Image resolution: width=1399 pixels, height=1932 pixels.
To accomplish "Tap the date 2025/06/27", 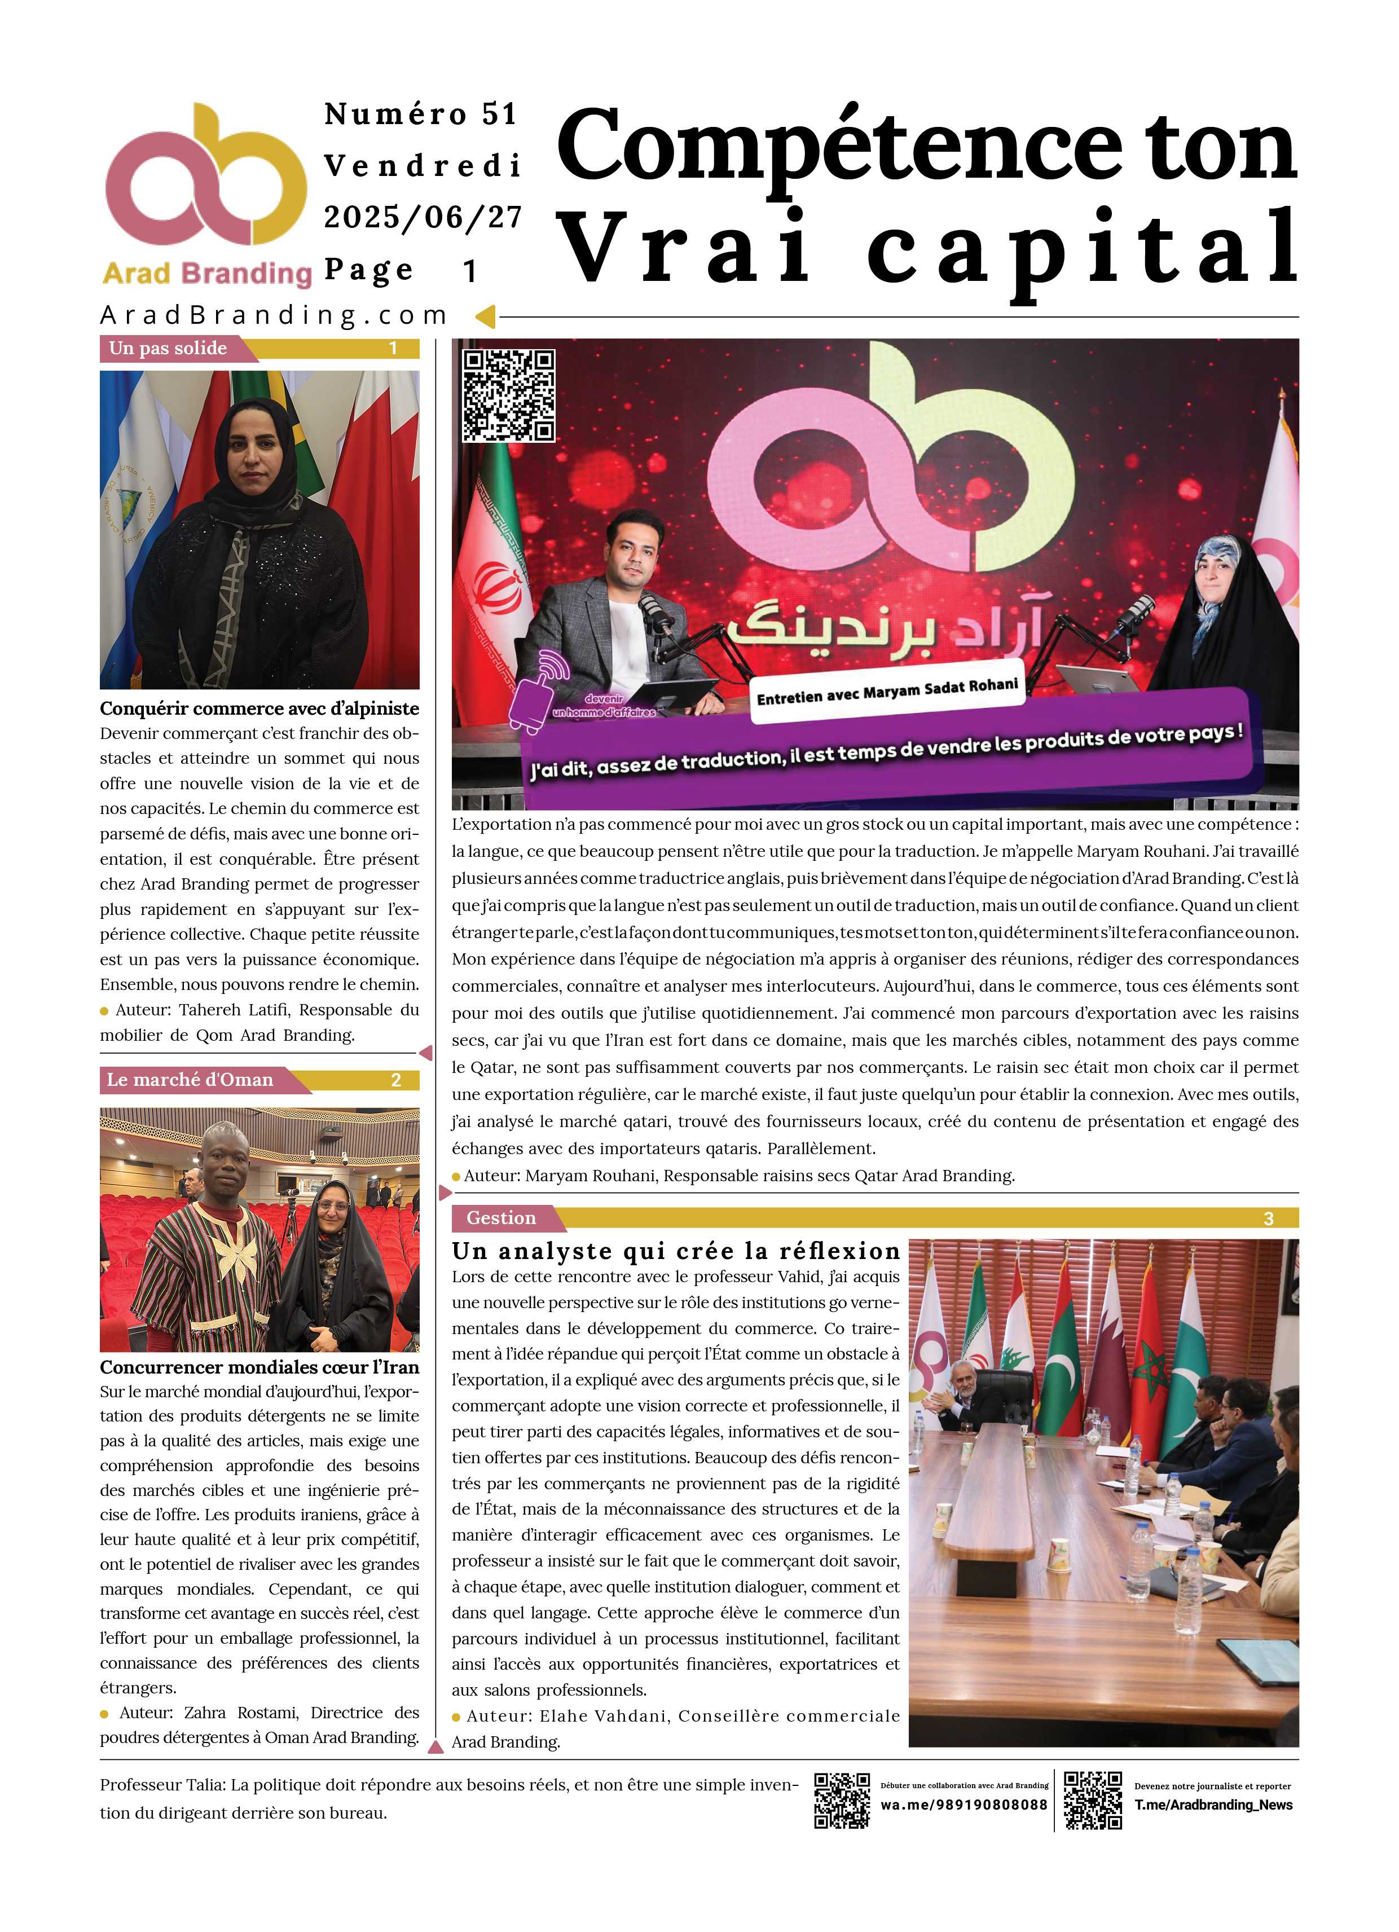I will click(x=423, y=217).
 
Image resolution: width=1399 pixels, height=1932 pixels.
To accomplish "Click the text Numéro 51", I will click(x=421, y=114).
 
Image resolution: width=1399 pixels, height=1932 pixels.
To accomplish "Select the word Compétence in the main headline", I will click(x=839, y=147).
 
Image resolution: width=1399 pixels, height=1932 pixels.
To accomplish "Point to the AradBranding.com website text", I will click(x=274, y=315).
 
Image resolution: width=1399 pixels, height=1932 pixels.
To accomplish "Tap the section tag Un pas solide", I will click(x=169, y=349).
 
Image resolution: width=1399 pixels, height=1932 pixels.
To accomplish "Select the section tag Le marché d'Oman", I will click(x=190, y=1080).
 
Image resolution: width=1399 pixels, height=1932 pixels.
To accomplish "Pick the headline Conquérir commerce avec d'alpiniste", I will click(x=259, y=708).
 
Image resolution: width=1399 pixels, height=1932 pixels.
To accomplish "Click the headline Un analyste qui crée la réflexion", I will click(x=676, y=1251).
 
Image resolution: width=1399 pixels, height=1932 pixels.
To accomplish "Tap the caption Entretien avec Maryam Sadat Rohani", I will click(x=887, y=692).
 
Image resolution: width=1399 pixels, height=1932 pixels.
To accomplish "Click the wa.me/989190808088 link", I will click(x=964, y=1805).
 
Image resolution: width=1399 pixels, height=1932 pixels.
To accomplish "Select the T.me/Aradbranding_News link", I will click(x=1213, y=1805).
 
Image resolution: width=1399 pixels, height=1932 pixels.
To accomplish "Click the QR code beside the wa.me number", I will click(x=841, y=1800).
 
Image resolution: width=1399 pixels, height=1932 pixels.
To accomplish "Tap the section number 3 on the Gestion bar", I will click(x=1268, y=1219).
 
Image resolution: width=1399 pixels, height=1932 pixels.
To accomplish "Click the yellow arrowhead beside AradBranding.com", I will click(x=485, y=317).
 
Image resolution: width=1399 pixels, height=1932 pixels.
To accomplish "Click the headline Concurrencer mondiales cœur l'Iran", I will click(x=259, y=1367).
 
